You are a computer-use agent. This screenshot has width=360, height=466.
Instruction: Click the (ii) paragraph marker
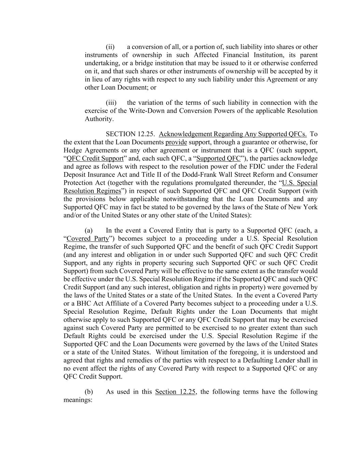click(110, 47)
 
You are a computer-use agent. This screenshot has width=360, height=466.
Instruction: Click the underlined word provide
click(176, 142)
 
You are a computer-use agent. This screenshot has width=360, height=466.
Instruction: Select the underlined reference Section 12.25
click(175, 392)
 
